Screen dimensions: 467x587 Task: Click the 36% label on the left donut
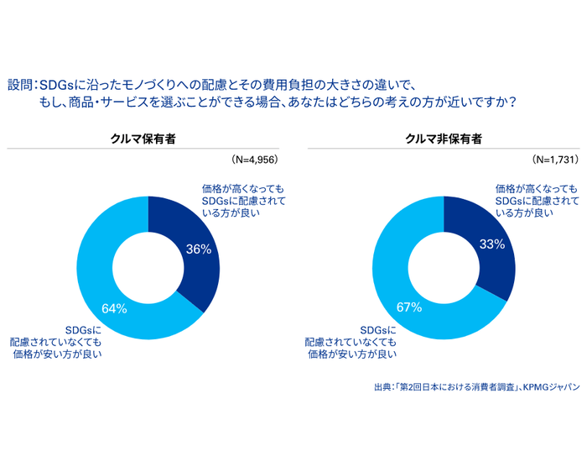coord(199,249)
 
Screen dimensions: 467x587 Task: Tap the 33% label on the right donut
coord(492,244)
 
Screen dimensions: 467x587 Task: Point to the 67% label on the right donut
coord(408,307)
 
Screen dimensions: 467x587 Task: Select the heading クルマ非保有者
coord(443,139)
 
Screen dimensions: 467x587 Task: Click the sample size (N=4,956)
coord(253,159)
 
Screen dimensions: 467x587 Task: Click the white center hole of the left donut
coord(148,267)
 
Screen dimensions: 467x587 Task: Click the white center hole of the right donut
coord(444,267)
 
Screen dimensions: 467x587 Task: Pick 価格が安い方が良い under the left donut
coord(58,354)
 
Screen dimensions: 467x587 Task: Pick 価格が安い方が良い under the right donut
coord(352,354)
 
